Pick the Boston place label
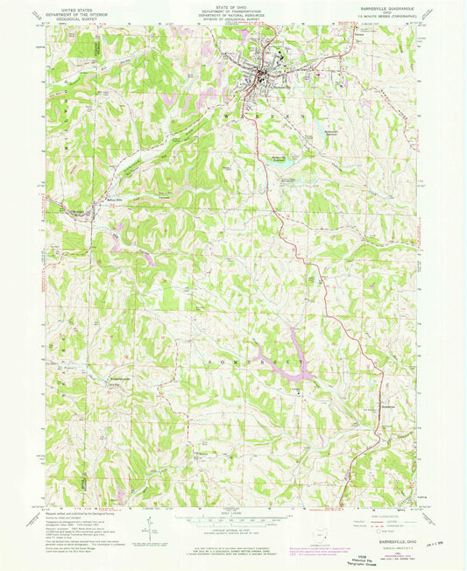203,455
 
